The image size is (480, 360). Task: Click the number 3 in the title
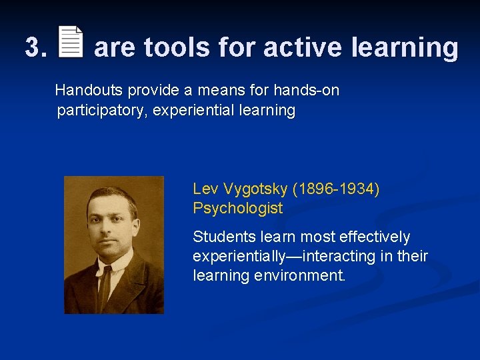[33, 48]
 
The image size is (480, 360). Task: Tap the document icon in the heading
[71, 43]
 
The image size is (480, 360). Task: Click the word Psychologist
[237, 209]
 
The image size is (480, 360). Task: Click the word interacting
[339, 256]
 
